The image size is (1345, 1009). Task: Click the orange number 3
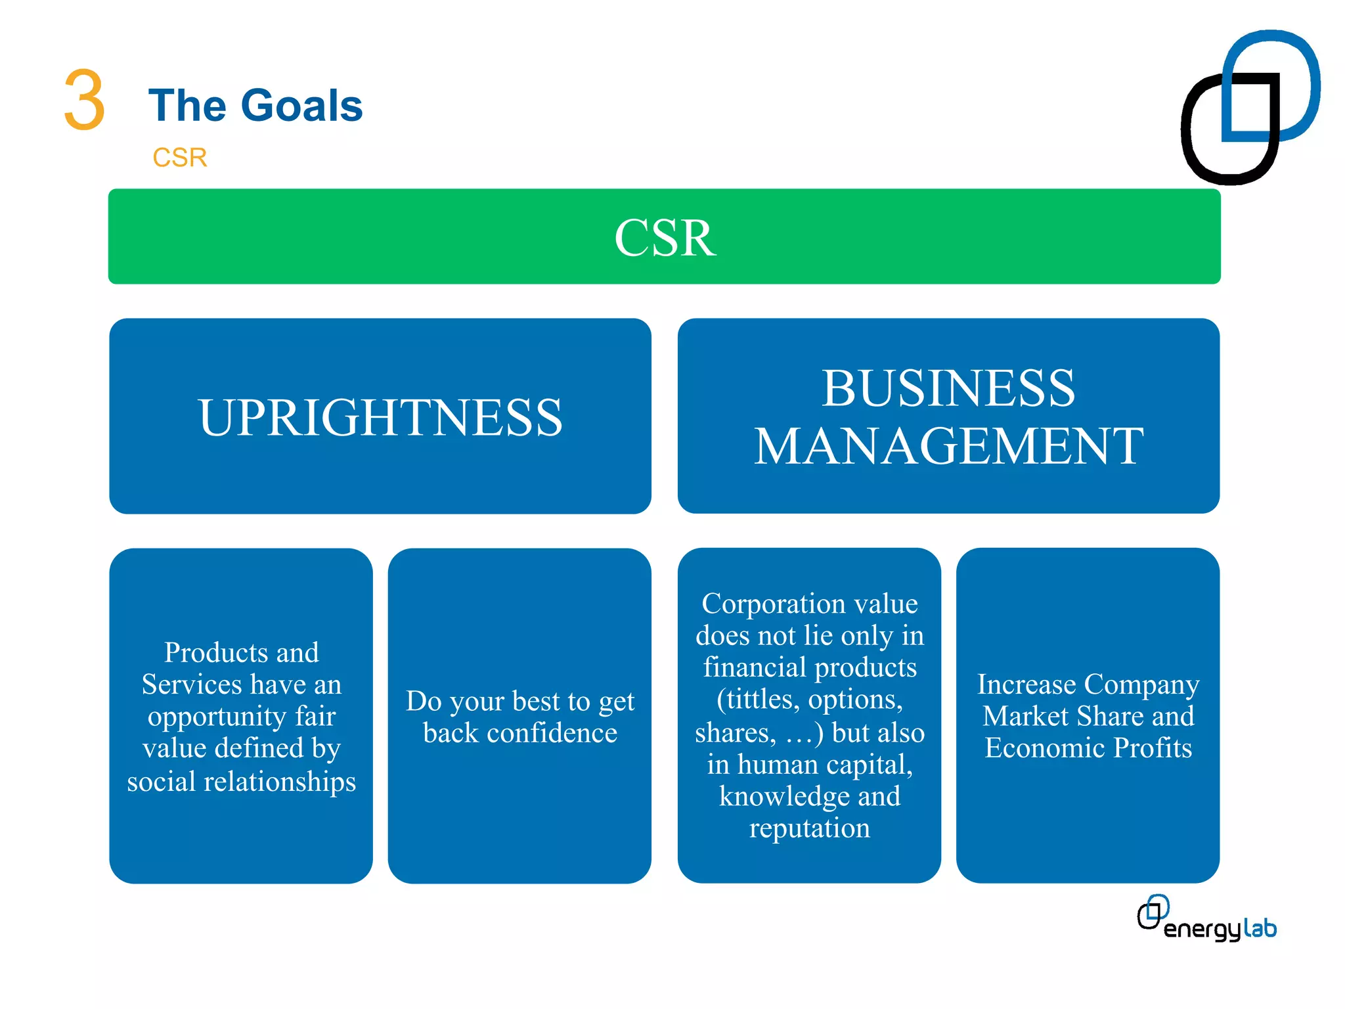click(x=84, y=101)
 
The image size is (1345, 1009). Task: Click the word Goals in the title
click(x=301, y=106)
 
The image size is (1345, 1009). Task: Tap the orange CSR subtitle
click(x=179, y=158)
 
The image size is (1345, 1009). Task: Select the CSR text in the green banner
click(x=664, y=238)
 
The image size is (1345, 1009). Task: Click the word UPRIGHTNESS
click(x=380, y=418)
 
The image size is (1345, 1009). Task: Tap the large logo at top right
click(x=1249, y=107)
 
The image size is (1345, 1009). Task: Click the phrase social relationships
click(x=241, y=782)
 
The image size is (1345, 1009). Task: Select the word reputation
click(x=809, y=828)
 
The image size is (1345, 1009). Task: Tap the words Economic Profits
click(x=1088, y=748)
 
